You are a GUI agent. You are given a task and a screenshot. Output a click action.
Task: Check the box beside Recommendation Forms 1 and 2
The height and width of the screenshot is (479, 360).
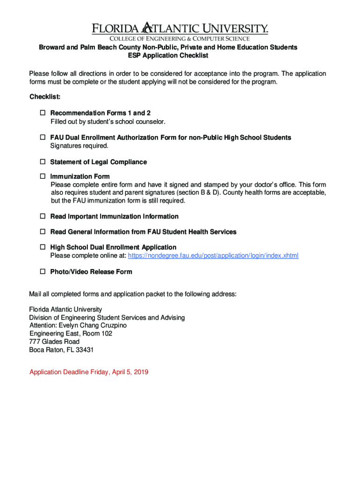(42, 113)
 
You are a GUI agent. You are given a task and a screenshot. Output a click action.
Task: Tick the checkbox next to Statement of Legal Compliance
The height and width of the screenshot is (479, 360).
(42, 162)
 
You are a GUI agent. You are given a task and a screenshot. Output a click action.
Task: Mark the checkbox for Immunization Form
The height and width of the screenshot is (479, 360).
(42, 176)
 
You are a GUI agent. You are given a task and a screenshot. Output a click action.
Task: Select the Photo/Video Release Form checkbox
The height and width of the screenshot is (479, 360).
(42, 272)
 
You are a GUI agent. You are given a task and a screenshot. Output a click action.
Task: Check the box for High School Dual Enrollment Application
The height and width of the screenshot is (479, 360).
(42, 247)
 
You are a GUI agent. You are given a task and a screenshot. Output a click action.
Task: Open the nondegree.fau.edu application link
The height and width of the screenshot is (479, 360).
(213, 255)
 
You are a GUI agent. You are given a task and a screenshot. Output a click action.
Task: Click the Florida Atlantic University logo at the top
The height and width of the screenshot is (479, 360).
(180, 28)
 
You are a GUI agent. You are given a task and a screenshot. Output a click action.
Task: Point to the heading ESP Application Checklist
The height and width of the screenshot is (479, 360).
(168, 56)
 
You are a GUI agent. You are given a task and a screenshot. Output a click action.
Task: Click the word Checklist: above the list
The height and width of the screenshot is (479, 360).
(45, 97)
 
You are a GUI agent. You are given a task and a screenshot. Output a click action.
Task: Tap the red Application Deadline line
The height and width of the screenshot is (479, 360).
(89, 372)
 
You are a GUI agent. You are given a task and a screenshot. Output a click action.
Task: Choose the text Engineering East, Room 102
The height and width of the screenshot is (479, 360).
(71, 334)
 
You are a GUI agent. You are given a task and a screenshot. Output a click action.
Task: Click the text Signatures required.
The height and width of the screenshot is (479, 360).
(79, 145)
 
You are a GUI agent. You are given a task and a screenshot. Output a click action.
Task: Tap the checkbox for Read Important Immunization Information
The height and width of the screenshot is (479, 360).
(42, 217)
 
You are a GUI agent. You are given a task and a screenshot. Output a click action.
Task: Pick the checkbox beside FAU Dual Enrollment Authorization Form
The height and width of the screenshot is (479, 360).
(42, 138)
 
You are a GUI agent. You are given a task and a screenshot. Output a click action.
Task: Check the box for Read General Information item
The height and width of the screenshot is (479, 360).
(42, 232)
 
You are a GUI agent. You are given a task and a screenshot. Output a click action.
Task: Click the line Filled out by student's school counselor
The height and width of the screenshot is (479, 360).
(108, 122)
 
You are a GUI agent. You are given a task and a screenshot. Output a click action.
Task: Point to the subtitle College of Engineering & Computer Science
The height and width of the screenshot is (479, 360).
(180, 38)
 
